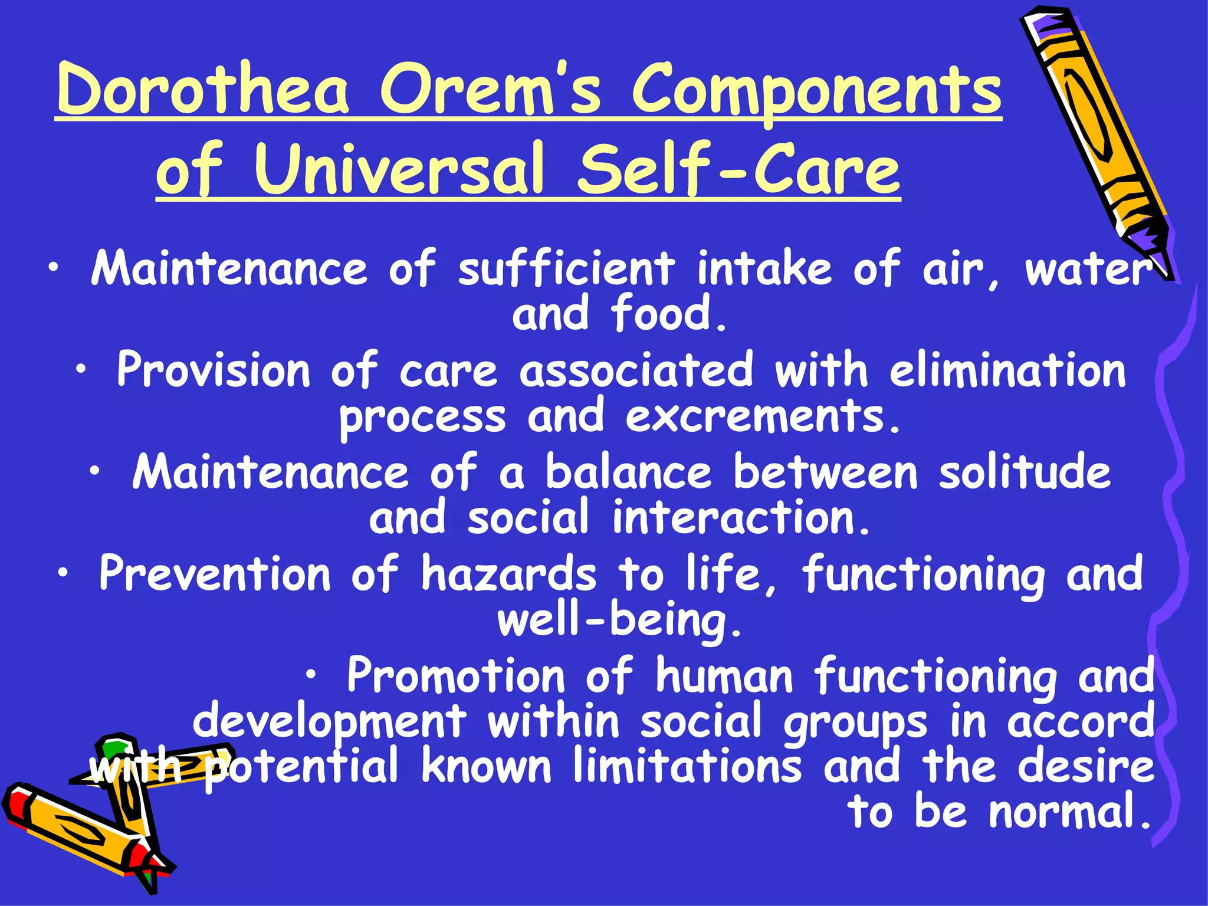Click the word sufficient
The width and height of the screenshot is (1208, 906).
(566, 269)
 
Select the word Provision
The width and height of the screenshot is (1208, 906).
(213, 370)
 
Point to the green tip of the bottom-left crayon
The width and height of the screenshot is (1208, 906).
(111, 749)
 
